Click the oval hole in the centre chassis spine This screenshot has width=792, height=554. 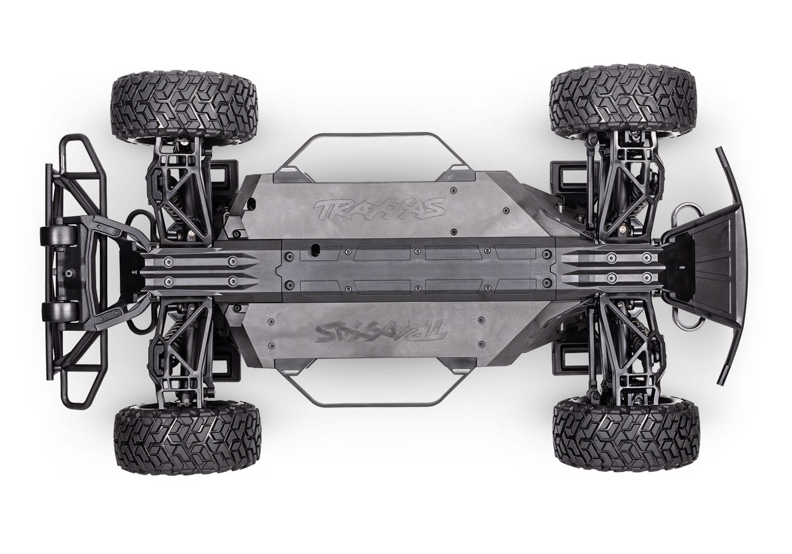(x=315, y=247)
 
